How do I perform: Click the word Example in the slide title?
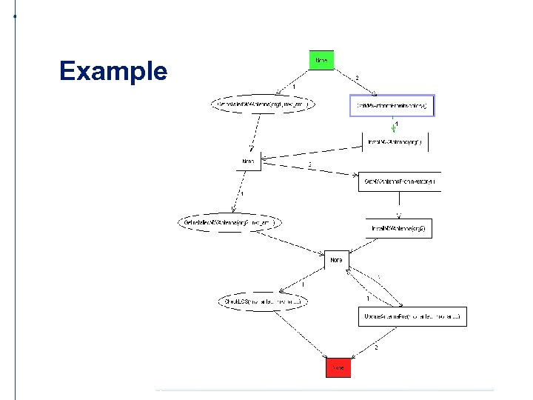click(113, 71)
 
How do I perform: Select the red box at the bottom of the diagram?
click(337, 367)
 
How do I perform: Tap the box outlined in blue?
click(392, 106)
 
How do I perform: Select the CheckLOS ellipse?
click(262, 301)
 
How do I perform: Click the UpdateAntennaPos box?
click(412, 316)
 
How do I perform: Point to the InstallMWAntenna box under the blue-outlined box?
click(395, 141)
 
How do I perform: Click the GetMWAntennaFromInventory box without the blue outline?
click(399, 181)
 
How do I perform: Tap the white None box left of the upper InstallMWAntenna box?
click(249, 161)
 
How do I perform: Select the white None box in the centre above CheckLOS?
click(337, 260)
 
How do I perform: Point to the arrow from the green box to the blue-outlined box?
click(355, 81)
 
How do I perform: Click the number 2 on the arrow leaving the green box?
click(357, 77)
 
